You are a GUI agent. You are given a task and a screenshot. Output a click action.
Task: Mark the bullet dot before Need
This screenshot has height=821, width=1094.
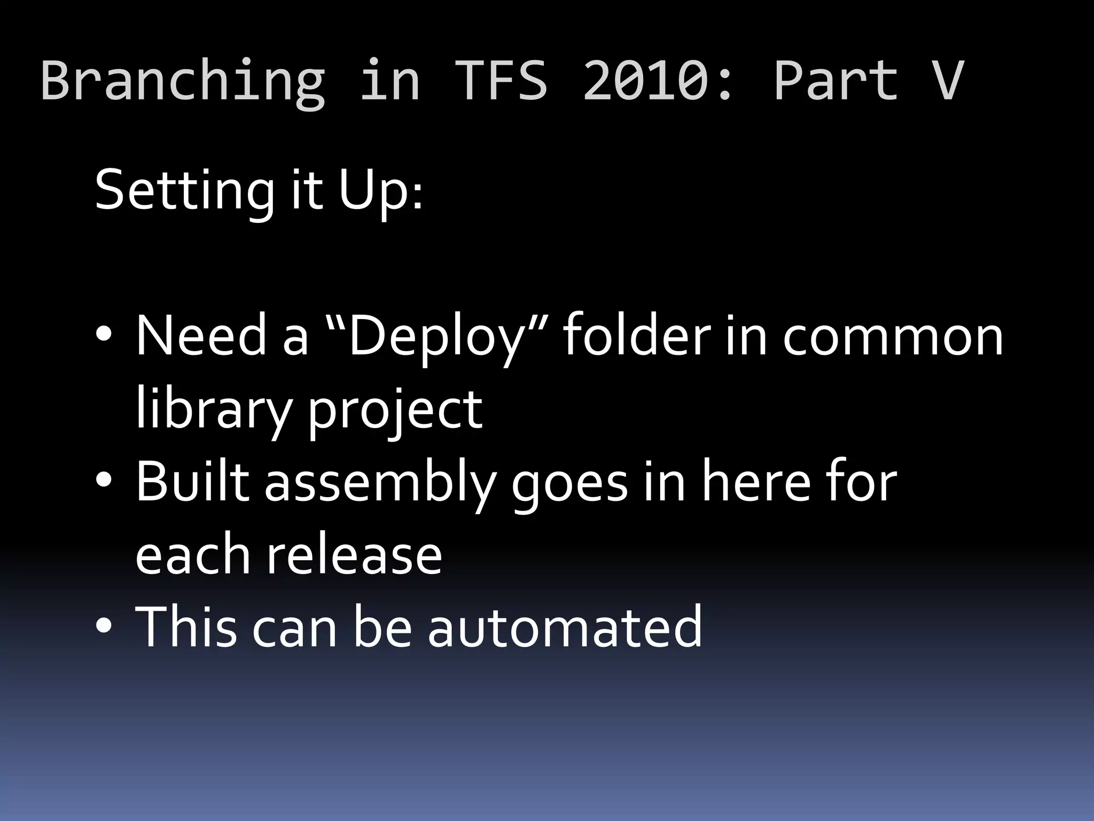104,336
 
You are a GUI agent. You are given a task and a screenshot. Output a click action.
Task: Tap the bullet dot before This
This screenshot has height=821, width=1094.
104,625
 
